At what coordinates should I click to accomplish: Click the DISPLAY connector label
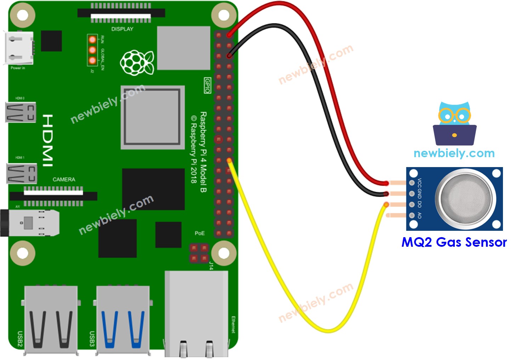tap(122, 29)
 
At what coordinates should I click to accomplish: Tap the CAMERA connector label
tap(64, 179)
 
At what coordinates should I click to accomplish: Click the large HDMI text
tap(47, 140)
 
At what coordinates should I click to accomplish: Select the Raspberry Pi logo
tap(137, 63)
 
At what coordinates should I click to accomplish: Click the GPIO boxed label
tap(208, 85)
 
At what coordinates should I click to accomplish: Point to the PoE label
tap(199, 233)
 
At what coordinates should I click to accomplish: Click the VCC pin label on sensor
tap(419, 183)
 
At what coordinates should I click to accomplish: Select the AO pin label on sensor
tap(419, 215)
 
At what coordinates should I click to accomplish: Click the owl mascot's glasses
tap(454, 115)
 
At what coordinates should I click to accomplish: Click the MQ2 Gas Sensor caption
tap(454, 242)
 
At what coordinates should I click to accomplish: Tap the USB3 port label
tap(92, 339)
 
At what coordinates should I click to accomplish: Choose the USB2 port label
tap(20, 339)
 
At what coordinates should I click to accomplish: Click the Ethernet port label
tap(233, 324)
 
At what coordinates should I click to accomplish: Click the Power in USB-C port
tap(18, 48)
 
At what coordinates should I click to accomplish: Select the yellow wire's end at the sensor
tap(386, 205)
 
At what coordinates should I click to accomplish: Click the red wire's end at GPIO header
tap(230, 35)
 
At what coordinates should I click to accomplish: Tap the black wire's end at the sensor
tap(386, 194)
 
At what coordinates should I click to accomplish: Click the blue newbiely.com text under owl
tap(454, 153)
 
